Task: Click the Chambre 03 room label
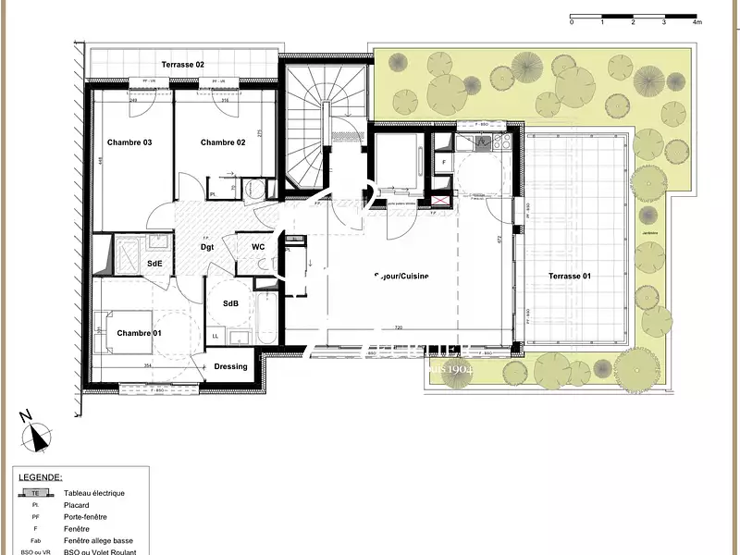(129, 142)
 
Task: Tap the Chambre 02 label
(223, 142)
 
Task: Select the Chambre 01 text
(139, 333)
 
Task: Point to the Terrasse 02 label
(183, 65)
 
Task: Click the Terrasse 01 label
(570, 277)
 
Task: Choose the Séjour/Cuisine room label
(401, 277)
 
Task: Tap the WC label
(258, 247)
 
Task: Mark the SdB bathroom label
(231, 303)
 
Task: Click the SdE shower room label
(154, 265)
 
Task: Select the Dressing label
(230, 366)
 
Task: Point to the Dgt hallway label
(208, 247)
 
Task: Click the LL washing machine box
(216, 337)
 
